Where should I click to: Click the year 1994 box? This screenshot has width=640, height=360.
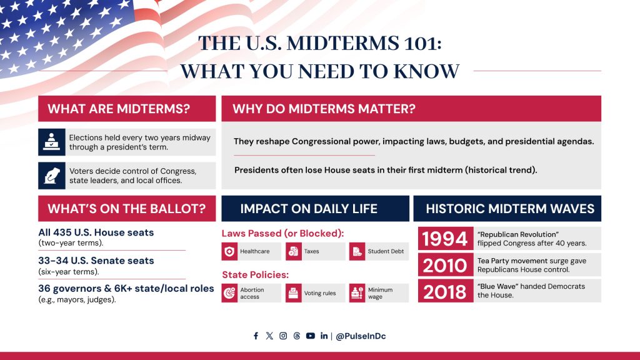[x=445, y=238]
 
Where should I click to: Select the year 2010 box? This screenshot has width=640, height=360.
[x=445, y=265]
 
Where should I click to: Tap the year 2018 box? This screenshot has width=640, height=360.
[x=445, y=291]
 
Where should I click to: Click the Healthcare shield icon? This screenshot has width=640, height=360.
[x=229, y=251]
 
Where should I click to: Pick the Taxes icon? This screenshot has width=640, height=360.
[x=294, y=251]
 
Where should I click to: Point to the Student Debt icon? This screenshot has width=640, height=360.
[x=357, y=251]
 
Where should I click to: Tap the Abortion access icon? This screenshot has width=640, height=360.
[x=229, y=293]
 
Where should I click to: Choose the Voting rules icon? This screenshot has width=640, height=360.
[x=294, y=293]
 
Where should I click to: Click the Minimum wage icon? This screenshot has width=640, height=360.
[x=357, y=293]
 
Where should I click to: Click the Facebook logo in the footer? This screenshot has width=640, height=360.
[x=256, y=336]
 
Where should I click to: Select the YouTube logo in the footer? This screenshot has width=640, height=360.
[x=311, y=336]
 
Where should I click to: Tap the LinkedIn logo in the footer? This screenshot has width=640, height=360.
[x=324, y=336]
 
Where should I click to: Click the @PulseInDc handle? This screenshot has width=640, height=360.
[x=361, y=336]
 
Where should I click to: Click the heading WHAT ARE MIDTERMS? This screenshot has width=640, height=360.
[x=119, y=109]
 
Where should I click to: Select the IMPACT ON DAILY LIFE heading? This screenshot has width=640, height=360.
[x=309, y=209]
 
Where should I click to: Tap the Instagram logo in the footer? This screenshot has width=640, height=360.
[x=283, y=336]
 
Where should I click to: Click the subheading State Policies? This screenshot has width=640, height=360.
[x=256, y=275]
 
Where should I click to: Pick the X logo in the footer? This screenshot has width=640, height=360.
[x=269, y=336]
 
